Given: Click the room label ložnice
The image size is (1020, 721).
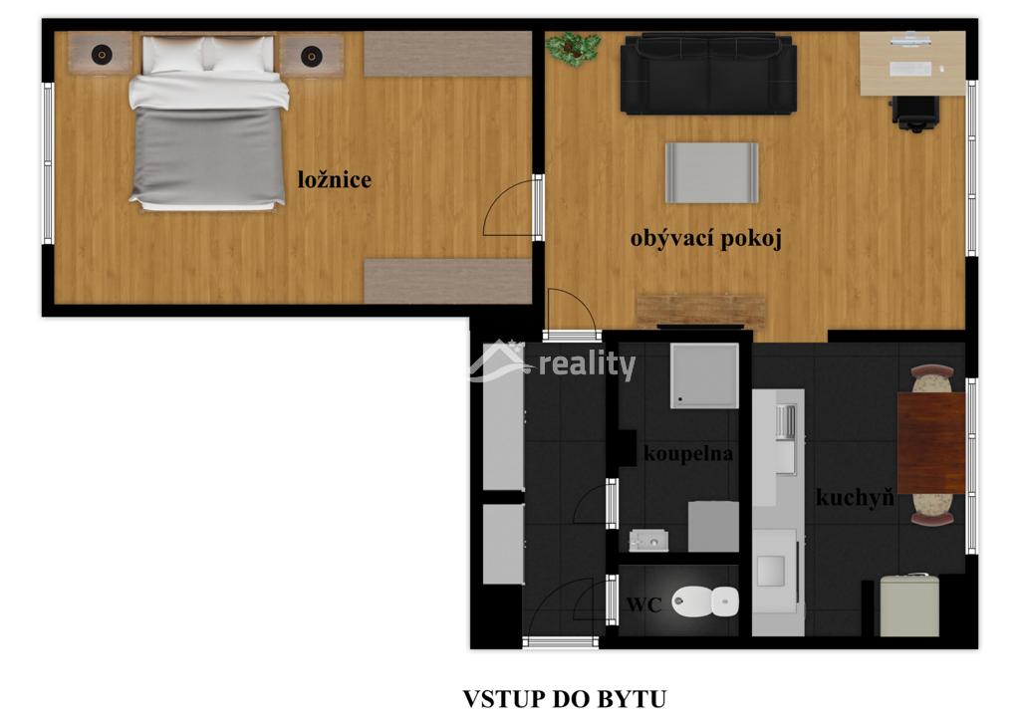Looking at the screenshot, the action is [x=335, y=180].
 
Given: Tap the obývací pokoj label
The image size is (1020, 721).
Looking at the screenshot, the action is [x=706, y=239].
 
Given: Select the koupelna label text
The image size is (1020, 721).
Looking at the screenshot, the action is [x=688, y=453].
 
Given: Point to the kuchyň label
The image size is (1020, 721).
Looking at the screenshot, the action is [x=854, y=498].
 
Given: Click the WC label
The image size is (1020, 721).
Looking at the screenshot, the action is [x=644, y=604].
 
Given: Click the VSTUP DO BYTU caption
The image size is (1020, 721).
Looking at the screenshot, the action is [x=565, y=699].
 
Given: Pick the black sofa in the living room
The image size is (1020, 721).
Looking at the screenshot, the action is [x=708, y=74].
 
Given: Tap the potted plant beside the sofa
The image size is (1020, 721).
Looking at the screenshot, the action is [x=573, y=49].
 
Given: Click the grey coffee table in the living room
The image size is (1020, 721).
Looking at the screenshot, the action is [x=711, y=173].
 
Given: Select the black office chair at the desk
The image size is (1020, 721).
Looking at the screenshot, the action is [x=915, y=114].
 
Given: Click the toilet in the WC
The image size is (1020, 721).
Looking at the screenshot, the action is [x=706, y=601].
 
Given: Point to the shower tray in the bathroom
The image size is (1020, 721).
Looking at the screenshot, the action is [x=704, y=375].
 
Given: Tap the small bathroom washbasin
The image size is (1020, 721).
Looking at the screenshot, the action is [x=648, y=541].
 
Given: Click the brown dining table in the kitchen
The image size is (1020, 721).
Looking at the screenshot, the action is [x=931, y=443].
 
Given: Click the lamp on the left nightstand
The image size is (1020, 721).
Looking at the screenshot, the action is [x=102, y=55].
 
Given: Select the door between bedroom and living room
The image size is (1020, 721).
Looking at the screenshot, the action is [x=511, y=207].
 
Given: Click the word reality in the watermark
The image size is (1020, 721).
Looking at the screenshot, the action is [x=588, y=364].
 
